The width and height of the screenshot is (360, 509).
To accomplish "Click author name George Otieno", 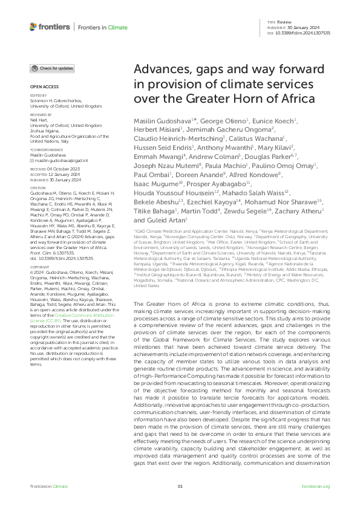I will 216,122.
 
